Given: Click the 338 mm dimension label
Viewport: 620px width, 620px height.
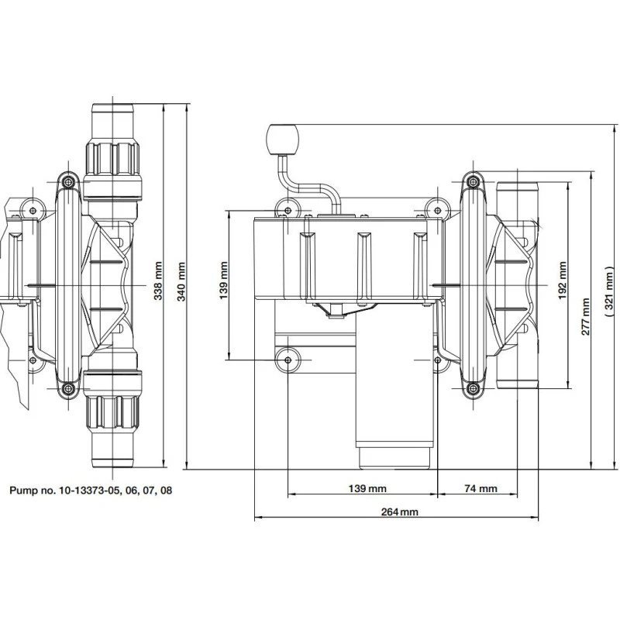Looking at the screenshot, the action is point(158,281).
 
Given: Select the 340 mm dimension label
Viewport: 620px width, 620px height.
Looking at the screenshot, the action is point(181,281).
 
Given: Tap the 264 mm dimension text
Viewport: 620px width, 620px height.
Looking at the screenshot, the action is point(399,511).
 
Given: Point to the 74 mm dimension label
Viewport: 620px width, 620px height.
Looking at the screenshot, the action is point(480,489).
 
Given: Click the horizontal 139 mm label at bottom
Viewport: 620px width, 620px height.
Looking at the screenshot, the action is point(367,489).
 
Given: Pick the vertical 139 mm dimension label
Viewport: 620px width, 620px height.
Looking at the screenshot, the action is point(223,280).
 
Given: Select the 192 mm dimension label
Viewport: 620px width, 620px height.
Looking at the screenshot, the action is point(563,280).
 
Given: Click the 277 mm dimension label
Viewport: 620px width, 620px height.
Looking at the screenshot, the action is point(585,316).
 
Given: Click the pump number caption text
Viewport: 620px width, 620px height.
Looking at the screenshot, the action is point(91,491).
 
